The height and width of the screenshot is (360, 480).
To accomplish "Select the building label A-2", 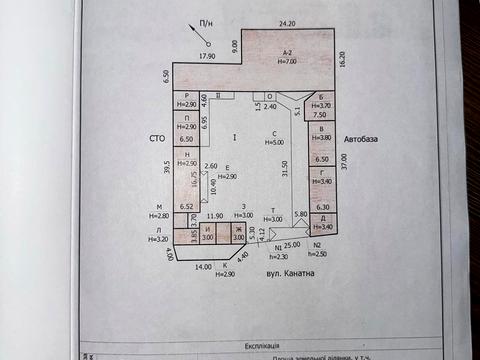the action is click(287, 52).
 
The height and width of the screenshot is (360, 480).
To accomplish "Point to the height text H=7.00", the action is click(287, 62).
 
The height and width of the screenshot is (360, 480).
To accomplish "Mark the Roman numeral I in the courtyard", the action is click(233, 135).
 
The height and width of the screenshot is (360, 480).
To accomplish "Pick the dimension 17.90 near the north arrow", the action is click(207, 57).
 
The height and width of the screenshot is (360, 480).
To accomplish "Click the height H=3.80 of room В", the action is click(320, 136).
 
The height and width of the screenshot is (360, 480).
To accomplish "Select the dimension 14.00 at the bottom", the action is click(204, 266).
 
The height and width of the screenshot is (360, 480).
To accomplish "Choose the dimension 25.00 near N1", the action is click(291, 243).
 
